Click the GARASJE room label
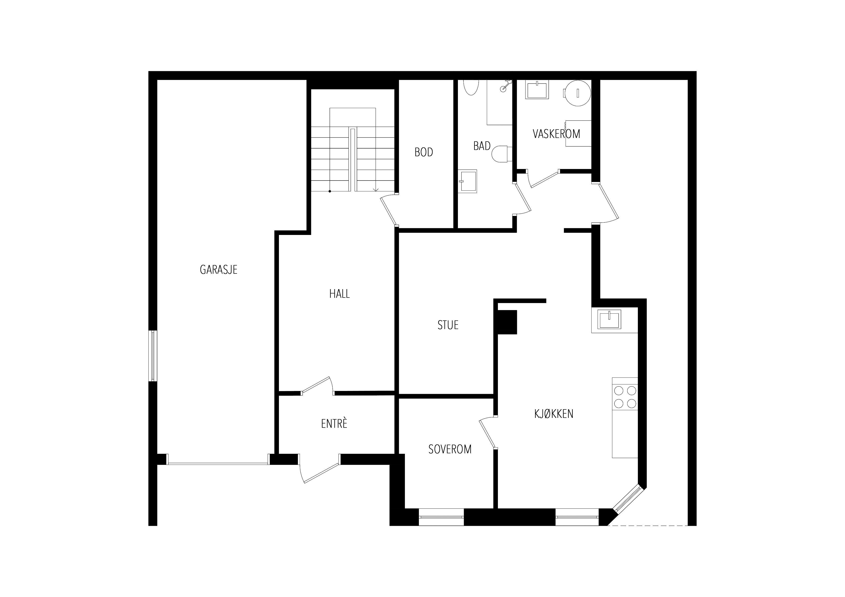pyautogui.click(x=219, y=270)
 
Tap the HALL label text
pyautogui.click(x=339, y=293)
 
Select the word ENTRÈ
pyautogui.click(x=334, y=423)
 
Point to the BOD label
pyautogui.click(x=424, y=152)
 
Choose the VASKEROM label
pyautogui.click(x=556, y=134)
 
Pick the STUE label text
pyautogui.click(x=448, y=325)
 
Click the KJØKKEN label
pyautogui.click(x=554, y=414)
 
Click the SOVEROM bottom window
pyautogui.click(x=441, y=517)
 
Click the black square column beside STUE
pyautogui.click(x=507, y=322)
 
